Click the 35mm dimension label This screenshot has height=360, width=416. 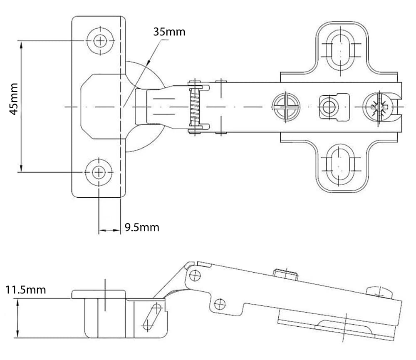(169, 32)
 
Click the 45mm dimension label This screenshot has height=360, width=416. (14, 99)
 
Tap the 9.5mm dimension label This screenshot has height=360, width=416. (142, 228)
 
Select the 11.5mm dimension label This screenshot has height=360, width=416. (26, 290)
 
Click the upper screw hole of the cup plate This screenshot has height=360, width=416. (100, 41)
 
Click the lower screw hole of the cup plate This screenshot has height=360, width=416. (99, 172)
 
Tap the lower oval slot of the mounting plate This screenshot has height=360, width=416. (340, 165)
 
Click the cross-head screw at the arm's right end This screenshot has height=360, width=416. (378, 107)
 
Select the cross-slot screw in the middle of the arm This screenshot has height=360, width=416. (286, 107)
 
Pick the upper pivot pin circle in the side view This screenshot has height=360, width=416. (195, 276)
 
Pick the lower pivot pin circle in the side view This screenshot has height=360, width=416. (220, 304)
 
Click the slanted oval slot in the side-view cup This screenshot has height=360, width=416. (152, 317)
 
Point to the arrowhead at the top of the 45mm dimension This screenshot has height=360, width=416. (21, 45)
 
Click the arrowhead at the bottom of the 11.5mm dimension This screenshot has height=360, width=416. (18, 333)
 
